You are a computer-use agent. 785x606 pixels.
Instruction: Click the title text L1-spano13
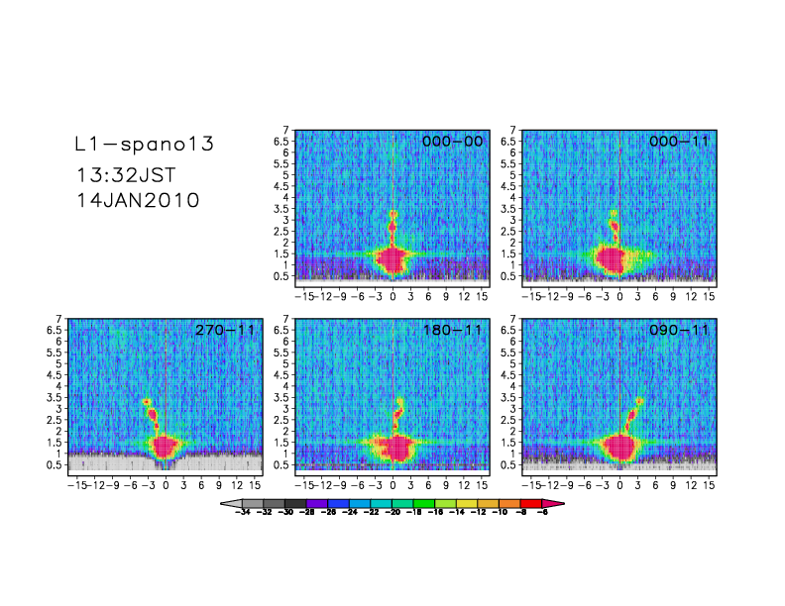[x=145, y=145]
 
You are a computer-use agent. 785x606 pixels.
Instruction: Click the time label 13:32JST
[x=126, y=175]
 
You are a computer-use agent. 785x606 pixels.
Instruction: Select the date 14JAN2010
[x=138, y=200]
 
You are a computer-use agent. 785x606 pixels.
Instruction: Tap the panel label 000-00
[x=452, y=142]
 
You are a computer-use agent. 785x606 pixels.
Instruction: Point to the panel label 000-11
[x=679, y=142]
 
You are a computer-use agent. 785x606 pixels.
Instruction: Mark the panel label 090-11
[x=679, y=330]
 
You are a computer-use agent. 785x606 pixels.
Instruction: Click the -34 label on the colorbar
[x=241, y=515]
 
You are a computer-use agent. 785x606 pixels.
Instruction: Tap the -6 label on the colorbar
[x=542, y=515]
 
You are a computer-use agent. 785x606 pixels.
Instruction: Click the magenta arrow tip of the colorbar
[x=558, y=504]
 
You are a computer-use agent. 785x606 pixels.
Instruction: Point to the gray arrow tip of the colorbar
[x=226, y=504]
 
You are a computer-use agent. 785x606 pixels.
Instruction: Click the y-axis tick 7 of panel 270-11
[x=59, y=319]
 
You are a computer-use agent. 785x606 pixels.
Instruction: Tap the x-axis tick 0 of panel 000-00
[x=392, y=296]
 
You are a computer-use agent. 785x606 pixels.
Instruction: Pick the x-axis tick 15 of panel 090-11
[x=710, y=484]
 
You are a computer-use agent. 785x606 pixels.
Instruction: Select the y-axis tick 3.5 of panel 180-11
[x=283, y=397]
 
